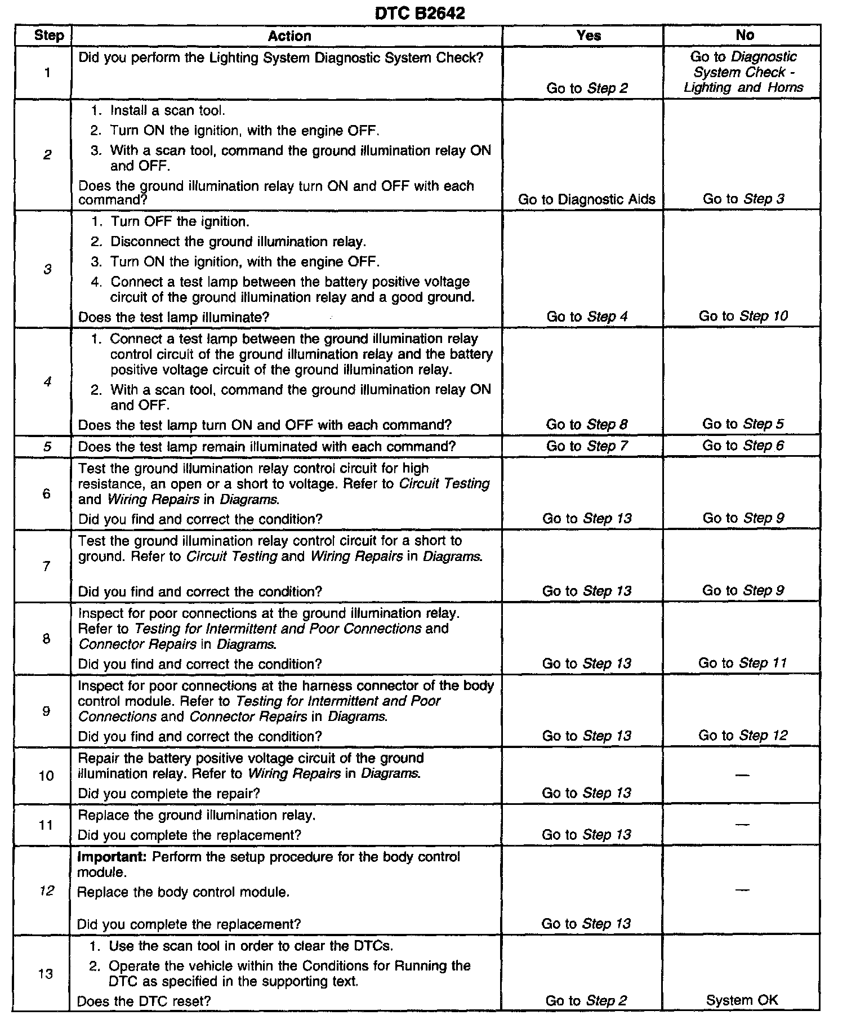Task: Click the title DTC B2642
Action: [x=420, y=13]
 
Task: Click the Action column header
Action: [x=289, y=36]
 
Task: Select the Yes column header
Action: [x=589, y=35]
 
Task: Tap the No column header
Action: [x=745, y=35]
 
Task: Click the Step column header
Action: [x=48, y=35]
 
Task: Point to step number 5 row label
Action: [x=47, y=447]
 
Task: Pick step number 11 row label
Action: [x=46, y=825]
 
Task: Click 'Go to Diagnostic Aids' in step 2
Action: [x=586, y=199]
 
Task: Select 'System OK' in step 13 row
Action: [x=742, y=1000]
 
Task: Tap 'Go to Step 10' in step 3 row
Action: [x=743, y=316]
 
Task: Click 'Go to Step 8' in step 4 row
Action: [x=587, y=425]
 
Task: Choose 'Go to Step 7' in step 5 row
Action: [x=587, y=447]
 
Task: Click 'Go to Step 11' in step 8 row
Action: [x=742, y=663]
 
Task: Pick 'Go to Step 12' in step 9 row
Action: [x=743, y=736]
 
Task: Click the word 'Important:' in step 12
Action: [x=113, y=857]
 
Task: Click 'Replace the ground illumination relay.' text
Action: [x=197, y=815]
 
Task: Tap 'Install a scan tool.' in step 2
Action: [x=167, y=110]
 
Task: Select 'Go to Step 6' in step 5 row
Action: [x=743, y=446]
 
